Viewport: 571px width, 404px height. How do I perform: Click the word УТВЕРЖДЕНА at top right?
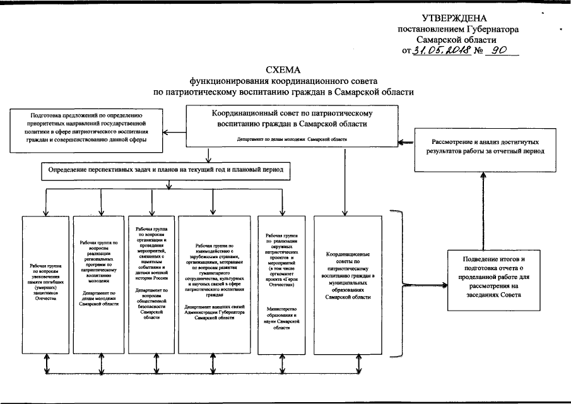click(457, 18)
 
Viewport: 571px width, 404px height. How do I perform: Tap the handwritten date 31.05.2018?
click(442, 52)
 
